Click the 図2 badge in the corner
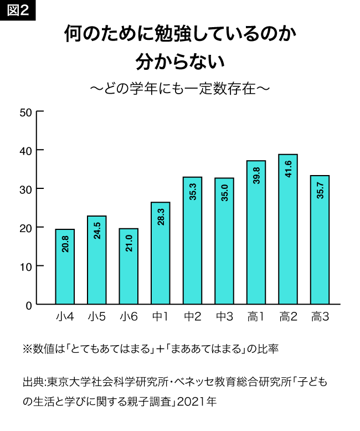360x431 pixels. (x=18, y=11)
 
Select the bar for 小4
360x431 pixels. (x=65, y=266)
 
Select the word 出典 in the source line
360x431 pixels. (x=33, y=382)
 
